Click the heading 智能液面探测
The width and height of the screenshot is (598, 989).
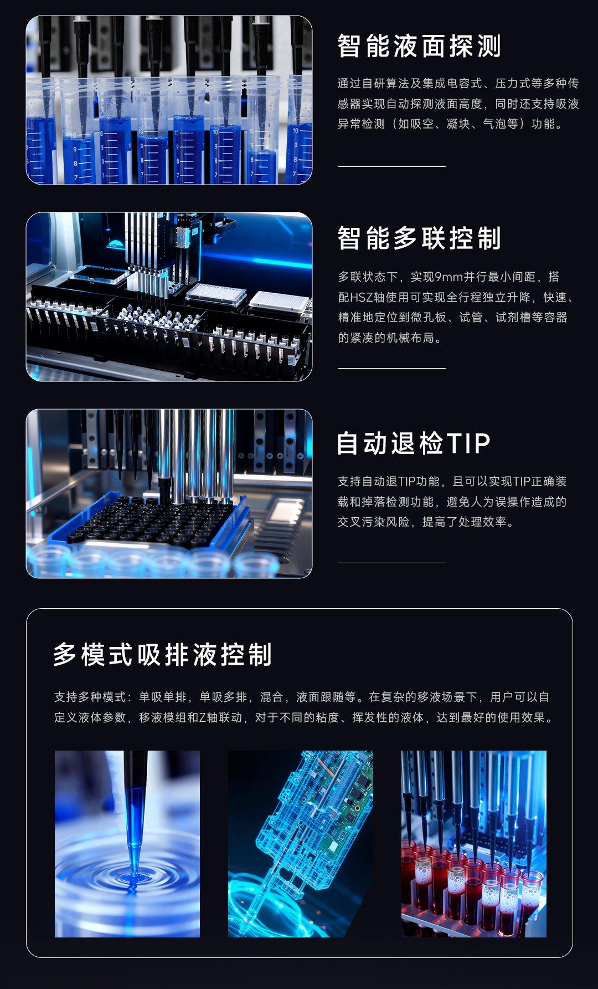[x=419, y=46]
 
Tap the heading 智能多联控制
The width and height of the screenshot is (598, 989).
[x=419, y=238]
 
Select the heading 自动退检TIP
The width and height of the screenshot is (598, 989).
[x=414, y=443]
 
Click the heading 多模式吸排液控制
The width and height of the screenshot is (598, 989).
[x=163, y=655]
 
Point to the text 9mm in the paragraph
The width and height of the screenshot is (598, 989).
[x=448, y=277]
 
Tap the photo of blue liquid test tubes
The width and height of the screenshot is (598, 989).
[x=169, y=100]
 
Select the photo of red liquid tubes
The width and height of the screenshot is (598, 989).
[x=474, y=844]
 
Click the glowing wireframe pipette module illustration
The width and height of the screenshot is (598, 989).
[x=301, y=844]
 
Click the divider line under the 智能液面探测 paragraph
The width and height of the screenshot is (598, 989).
[x=392, y=166]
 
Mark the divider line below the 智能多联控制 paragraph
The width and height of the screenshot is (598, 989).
[x=392, y=368]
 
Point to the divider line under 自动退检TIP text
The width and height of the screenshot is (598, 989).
[x=392, y=563]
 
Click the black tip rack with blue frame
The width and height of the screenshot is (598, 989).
[x=152, y=521]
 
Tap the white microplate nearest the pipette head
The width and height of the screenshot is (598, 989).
[x=216, y=294]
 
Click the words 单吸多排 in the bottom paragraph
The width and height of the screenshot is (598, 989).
[x=218, y=697]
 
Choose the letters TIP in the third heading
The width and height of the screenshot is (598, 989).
[x=468, y=443]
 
